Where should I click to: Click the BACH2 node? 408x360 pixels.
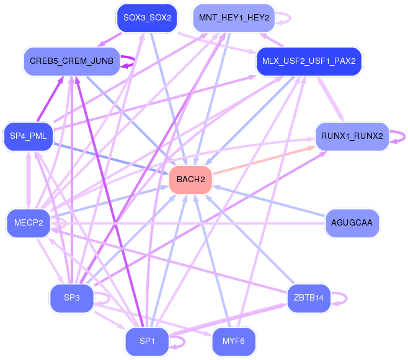tap(191, 180)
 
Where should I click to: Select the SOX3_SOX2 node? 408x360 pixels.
tap(147, 17)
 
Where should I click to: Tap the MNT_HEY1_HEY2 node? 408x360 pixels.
tap(234, 17)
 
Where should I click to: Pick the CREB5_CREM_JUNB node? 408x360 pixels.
tap(71, 61)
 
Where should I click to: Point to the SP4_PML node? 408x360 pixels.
tap(28, 136)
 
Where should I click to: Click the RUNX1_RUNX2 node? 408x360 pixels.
tap(352, 136)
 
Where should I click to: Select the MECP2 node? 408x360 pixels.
tap(28, 223)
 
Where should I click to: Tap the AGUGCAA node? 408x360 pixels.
tap(352, 223)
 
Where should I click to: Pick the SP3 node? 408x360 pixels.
tap(71, 297)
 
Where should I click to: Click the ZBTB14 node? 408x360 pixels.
tap(309, 298)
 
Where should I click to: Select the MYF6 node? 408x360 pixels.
tap(234, 341)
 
